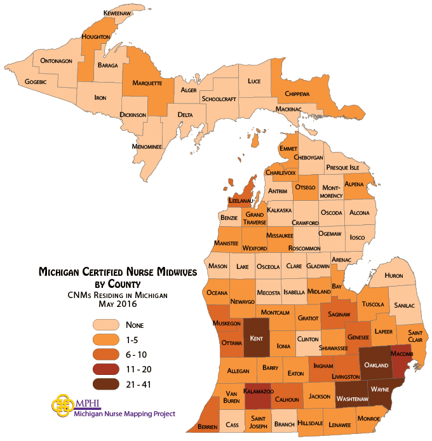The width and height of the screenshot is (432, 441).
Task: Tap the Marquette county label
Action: (x=147, y=83)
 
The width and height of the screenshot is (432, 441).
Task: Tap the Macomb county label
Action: (x=402, y=353)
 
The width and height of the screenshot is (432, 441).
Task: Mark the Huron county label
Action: (x=394, y=276)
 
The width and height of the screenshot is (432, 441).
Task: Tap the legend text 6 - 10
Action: (x=139, y=355)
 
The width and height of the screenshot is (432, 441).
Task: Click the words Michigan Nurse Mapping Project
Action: (x=125, y=414)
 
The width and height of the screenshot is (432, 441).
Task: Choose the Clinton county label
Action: (x=308, y=339)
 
